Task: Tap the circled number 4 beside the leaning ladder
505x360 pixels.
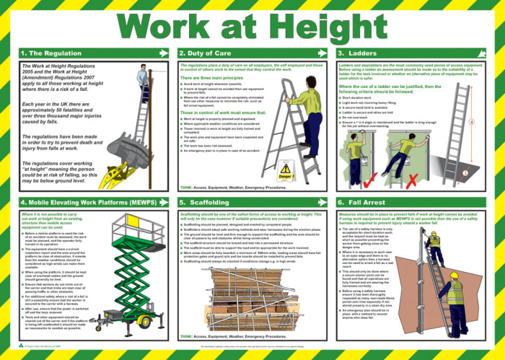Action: click(491, 122)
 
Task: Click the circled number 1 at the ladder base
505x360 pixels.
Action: click(465, 173)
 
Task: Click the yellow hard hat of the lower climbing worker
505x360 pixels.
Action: click(456, 279)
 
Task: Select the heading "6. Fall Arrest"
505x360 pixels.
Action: click(368, 203)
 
